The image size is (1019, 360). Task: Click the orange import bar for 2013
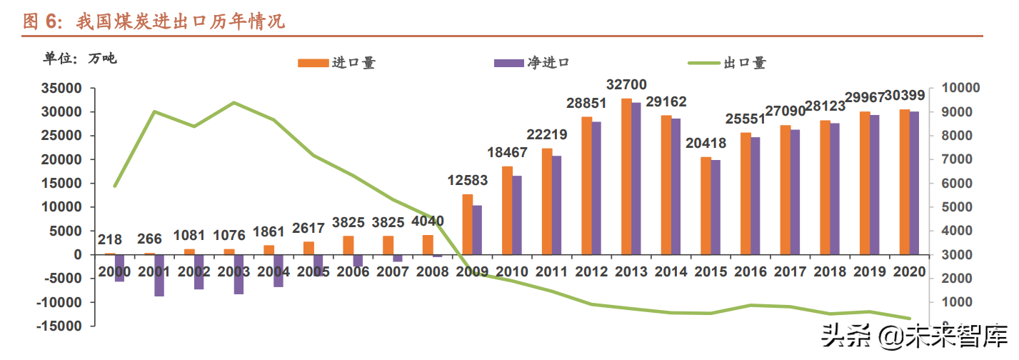tap(626, 176)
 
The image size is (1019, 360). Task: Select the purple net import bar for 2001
tap(159, 275)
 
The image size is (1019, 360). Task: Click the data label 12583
tap(468, 181)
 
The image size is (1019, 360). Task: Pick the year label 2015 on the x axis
tap(711, 272)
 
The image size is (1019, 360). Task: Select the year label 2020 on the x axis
tap(909, 272)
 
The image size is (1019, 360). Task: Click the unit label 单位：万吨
tap(80, 59)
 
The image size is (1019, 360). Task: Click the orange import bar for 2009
tap(467, 224)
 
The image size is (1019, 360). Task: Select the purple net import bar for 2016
tap(755, 196)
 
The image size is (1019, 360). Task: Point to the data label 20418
tap(706, 144)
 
